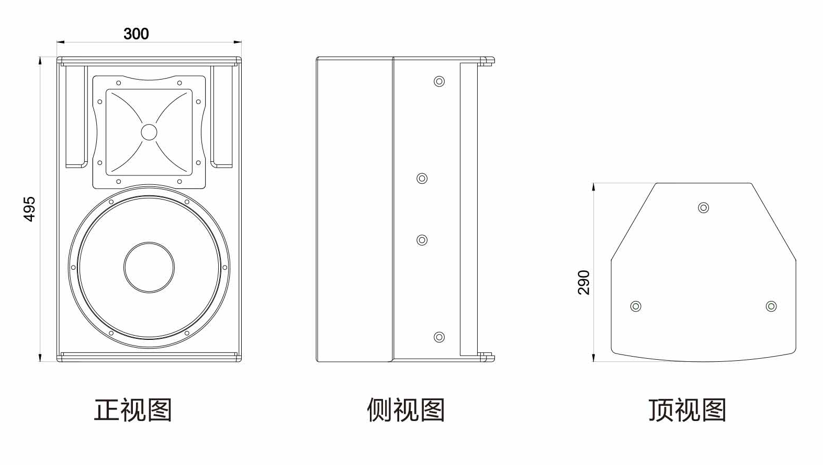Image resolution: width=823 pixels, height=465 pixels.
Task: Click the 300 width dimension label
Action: [x=136, y=34]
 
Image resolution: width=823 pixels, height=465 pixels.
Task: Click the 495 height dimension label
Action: [x=30, y=209]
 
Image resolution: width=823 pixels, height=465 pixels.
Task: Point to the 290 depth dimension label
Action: [x=584, y=282]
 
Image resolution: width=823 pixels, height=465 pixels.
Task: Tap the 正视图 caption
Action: [x=133, y=409]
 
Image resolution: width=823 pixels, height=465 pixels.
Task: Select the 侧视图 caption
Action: [x=405, y=409]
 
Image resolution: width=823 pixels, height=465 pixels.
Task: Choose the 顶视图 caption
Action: [x=687, y=409]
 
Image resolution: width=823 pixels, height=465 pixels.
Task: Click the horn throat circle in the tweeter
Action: [x=149, y=132]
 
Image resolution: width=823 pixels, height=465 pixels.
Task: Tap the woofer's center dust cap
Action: [x=149, y=267]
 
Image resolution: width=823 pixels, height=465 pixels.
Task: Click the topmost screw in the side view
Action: [x=439, y=81]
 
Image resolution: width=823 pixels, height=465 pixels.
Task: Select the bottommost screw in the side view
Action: [x=439, y=337]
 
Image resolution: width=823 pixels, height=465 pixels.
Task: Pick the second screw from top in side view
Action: [x=422, y=179]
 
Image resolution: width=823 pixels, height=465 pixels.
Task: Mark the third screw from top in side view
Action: [x=422, y=240]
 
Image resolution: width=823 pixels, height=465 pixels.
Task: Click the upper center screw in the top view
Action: [x=704, y=208]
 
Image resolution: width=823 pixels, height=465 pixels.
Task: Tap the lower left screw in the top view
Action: [x=636, y=306]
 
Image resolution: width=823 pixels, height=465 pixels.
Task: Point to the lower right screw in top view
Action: [x=771, y=306]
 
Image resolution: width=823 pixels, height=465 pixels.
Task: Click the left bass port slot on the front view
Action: [x=76, y=116]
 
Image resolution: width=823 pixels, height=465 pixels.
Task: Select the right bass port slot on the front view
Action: [x=222, y=116]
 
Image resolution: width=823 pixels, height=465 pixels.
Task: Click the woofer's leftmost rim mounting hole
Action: [x=73, y=268]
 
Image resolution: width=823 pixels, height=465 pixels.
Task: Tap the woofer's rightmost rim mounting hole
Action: [x=225, y=268]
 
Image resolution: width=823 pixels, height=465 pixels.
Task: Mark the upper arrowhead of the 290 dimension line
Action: [x=593, y=186]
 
